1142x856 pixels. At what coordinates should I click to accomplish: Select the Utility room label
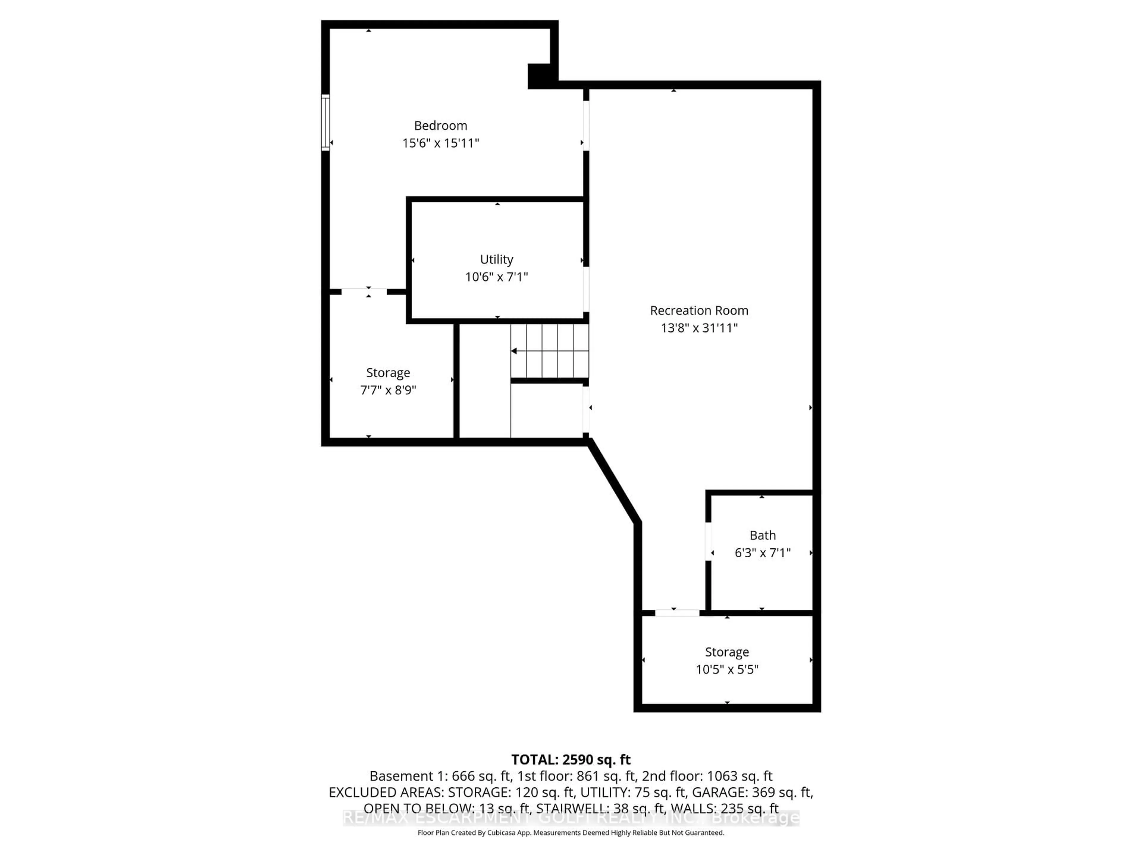click(497, 259)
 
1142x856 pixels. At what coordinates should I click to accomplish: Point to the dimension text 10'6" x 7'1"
click(497, 277)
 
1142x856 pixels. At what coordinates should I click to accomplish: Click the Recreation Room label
click(699, 311)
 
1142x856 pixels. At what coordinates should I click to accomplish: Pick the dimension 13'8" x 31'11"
click(699, 328)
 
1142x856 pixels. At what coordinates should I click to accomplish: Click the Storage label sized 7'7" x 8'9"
click(388, 373)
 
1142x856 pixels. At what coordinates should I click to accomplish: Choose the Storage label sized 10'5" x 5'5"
click(727, 652)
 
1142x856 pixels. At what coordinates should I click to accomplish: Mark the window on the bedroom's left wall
click(325, 123)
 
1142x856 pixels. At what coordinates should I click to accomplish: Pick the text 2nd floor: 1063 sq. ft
click(707, 776)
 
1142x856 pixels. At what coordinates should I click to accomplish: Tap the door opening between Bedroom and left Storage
click(364, 292)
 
